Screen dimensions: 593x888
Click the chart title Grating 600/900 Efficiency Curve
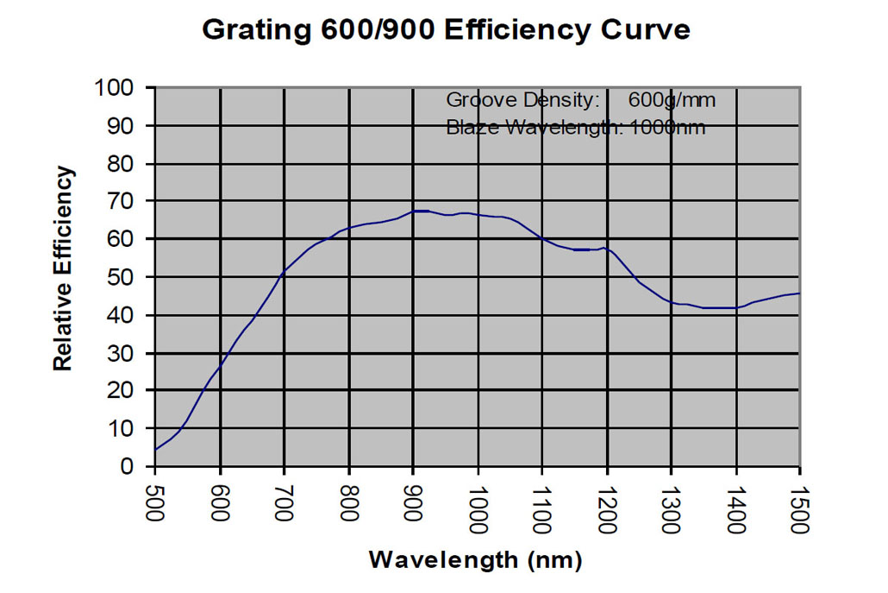(445, 29)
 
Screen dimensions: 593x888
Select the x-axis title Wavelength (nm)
(475, 559)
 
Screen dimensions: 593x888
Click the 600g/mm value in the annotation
(672, 100)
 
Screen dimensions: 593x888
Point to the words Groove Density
(522, 100)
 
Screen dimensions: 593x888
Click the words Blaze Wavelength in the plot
(533, 128)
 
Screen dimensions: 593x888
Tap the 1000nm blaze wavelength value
(668, 128)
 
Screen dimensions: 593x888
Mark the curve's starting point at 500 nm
(155, 450)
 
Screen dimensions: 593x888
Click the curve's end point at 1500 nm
(800, 293)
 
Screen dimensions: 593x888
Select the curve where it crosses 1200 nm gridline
(607, 249)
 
